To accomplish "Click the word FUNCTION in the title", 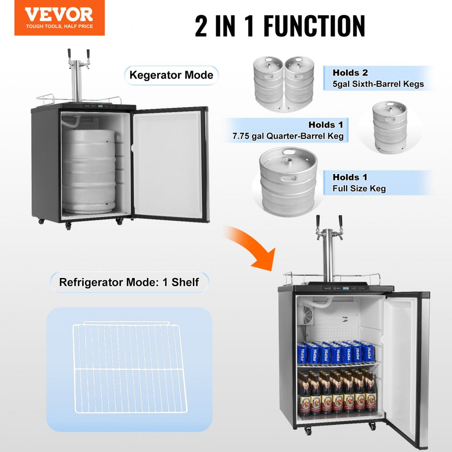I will coord(314,26).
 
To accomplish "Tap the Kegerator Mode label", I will coord(171,75).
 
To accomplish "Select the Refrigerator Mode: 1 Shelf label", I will coord(129,282).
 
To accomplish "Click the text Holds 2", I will coord(350,72).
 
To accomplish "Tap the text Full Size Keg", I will coord(359,188).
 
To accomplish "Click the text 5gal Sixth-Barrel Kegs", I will coord(378,84).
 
